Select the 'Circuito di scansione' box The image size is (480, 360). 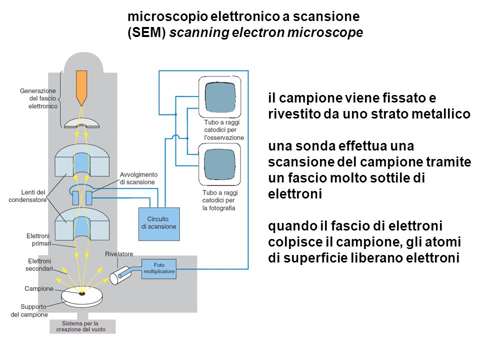tap(158, 222)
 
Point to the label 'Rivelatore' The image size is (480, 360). tap(119, 254)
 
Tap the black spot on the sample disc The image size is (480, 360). tap(81, 293)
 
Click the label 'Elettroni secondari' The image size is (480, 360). tap(39, 264)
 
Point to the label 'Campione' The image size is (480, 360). tap(39, 288)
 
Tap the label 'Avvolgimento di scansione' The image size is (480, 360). tap(138, 178)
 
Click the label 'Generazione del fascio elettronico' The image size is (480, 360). tap(38, 98)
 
